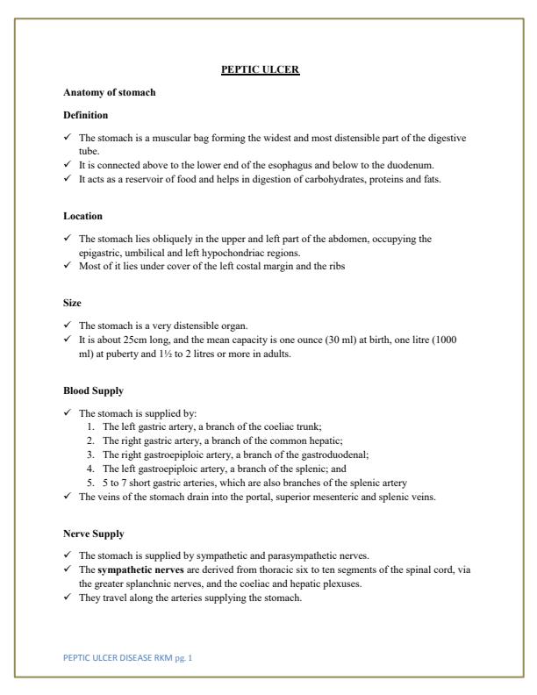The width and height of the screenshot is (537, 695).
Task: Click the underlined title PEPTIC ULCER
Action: [x=260, y=69]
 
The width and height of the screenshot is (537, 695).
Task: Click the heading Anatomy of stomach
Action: [x=110, y=92]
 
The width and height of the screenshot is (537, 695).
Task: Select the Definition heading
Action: [x=86, y=115]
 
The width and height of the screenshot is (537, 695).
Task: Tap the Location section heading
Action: [x=83, y=216]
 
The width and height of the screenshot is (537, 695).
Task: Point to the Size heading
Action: [x=72, y=302]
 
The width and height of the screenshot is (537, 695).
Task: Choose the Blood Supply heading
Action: [x=93, y=390]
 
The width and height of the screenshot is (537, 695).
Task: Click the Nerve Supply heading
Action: [x=94, y=533]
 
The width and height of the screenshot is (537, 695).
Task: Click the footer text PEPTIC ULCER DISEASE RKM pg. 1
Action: [x=128, y=656]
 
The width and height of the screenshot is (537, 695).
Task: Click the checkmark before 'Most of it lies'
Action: [x=68, y=265]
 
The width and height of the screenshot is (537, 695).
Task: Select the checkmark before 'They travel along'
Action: [x=68, y=598]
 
